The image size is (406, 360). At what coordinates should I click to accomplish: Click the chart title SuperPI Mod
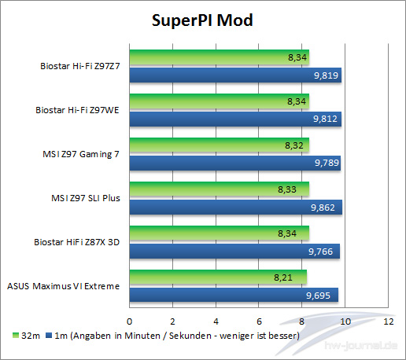point(202,20)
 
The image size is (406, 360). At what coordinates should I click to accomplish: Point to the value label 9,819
point(325,75)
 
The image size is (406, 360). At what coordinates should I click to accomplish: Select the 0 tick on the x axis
point(130,321)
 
